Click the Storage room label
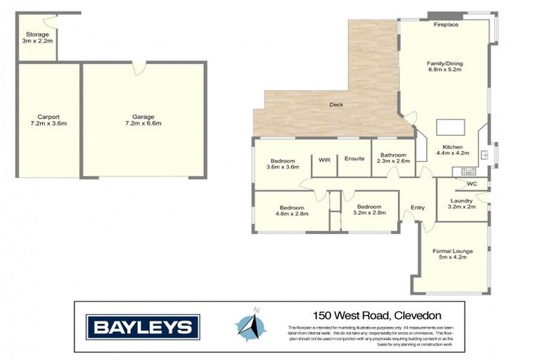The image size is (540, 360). point(36,37)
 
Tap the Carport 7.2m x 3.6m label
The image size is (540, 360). point(49,120)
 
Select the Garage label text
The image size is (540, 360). point(143,120)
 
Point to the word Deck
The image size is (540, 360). point(336,105)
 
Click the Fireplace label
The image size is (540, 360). point(446,25)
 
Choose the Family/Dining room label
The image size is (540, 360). point(445,67)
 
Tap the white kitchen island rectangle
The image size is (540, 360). point(449,127)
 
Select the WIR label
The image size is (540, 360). point(324,160)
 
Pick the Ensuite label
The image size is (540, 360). point(354,159)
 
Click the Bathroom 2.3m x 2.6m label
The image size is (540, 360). point(392,159)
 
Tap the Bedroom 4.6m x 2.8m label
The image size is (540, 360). point(291,211)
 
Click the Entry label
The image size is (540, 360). point(418,207)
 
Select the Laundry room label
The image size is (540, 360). point(461,204)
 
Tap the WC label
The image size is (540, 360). point(472,184)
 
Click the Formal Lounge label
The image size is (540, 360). point(453,255)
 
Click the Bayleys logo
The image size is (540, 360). point(143,326)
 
